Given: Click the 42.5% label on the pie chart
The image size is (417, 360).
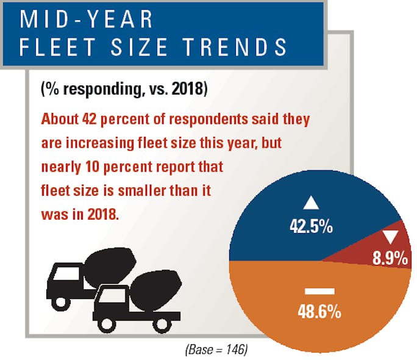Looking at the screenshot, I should click(x=310, y=226).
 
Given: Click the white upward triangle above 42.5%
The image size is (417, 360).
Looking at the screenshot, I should click(x=310, y=203).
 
